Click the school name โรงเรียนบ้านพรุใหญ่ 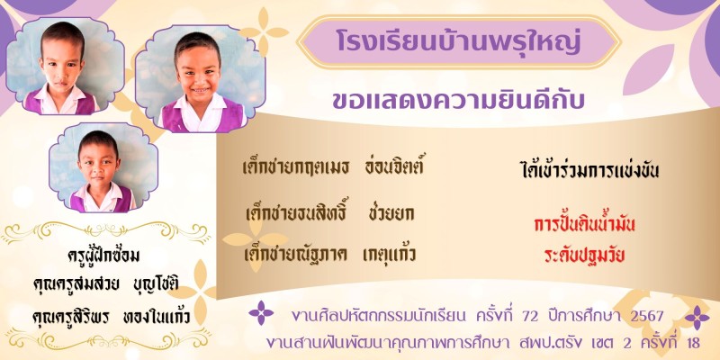458,41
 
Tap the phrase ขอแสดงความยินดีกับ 458,101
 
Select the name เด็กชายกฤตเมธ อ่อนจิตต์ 332,167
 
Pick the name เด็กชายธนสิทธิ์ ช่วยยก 329,212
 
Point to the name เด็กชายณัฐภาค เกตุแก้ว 329,254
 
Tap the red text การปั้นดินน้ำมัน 584,224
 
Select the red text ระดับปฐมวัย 584,256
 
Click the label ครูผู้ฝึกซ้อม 103,256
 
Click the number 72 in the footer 532,316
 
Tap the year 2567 647,316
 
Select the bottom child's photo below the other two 103,167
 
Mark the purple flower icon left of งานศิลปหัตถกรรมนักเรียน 261,313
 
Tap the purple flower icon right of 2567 697,318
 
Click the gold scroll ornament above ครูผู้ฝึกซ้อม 106,231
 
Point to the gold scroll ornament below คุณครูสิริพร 106,339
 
